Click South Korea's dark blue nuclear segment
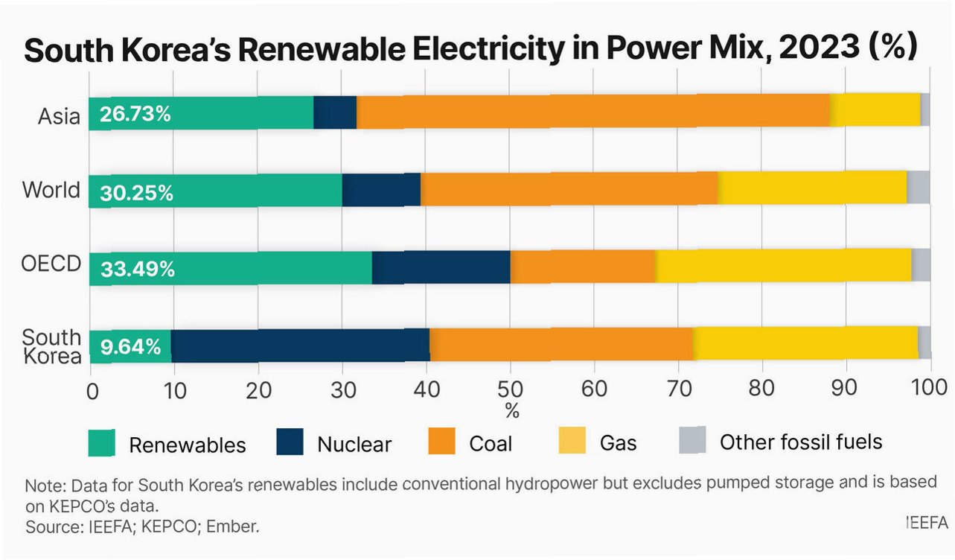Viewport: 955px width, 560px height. (x=300, y=346)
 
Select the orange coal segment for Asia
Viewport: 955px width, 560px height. (x=593, y=112)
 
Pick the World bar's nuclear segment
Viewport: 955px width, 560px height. (x=381, y=190)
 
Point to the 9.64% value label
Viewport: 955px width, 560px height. (x=130, y=346)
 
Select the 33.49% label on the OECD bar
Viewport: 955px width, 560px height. (x=138, y=269)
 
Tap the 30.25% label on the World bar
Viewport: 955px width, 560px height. (x=137, y=193)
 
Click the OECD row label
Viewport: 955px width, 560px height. (x=51, y=265)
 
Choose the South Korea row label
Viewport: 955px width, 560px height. (x=52, y=347)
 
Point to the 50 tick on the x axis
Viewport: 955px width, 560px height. (x=511, y=388)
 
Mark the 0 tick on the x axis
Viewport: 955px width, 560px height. (x=92, y=389)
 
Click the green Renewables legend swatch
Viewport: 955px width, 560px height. (x=102, y=442)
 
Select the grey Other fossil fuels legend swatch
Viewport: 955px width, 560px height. (x=692, y=441)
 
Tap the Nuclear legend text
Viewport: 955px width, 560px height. (x=354, y=445)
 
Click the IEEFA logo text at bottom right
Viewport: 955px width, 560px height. (x=927, y=523)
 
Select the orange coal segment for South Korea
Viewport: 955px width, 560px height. (x=561, y=346)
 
